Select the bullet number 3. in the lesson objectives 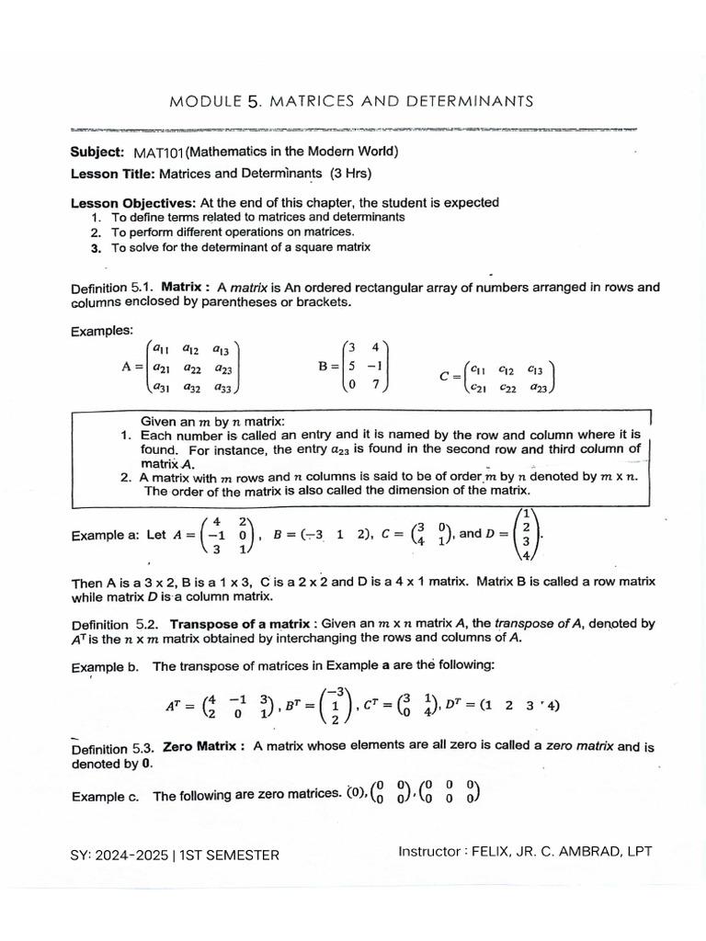(x=96, y=247)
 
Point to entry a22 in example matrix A (x=191, y=368)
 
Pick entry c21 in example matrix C (x=477, y=388)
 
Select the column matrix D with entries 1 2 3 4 (x=524, y=533)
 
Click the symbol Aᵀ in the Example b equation (x=174, y=707)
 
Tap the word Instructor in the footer (x=429, y=852)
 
